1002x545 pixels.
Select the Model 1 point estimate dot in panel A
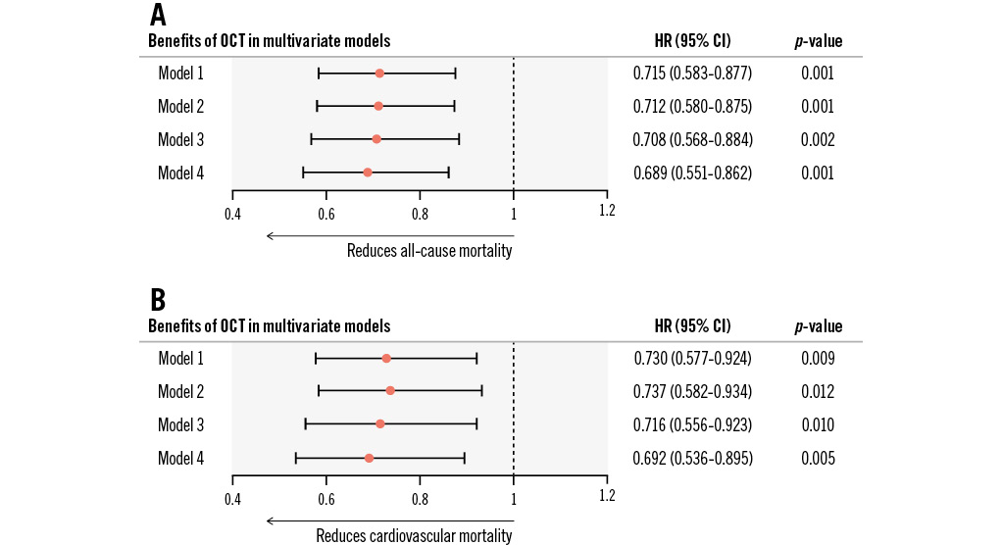pos(379,74)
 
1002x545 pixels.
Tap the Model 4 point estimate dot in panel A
pos(368,173)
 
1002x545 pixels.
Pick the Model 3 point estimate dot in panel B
pos(380,423)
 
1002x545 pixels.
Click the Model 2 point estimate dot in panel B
pos(390,390)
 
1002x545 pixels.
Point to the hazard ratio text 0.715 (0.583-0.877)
pos(692,74)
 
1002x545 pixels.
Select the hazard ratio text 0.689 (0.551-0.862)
pos(692,173)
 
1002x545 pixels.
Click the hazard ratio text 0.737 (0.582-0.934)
pos(692,391)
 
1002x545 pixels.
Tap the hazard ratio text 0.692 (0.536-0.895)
pos(692,458)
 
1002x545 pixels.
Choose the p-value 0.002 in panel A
pos(818,139)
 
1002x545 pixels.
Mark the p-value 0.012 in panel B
pos(818,391)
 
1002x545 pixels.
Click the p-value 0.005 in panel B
pos(818,458)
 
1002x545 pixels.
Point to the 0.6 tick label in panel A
pos(326,211)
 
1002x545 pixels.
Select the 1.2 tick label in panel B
pos(607,497)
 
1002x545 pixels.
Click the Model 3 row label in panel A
pos(180,139)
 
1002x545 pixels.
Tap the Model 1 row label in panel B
pos(180,358)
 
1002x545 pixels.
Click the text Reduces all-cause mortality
pos(429,251)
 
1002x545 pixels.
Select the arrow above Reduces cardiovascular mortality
pos(389,520)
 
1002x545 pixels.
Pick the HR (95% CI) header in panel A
pos(692,41)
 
